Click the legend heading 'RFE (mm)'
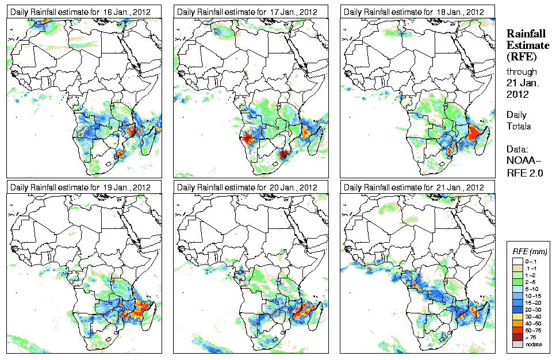coord(530,251)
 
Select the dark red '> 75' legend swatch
coord(517,337)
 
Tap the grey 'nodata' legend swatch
coord(517,344)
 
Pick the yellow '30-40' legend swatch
coord(517,316)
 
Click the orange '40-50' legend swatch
coord(517,323)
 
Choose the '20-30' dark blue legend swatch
coord(517,309)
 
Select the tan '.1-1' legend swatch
coord(517,268)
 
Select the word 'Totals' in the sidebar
coord(519,127)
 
